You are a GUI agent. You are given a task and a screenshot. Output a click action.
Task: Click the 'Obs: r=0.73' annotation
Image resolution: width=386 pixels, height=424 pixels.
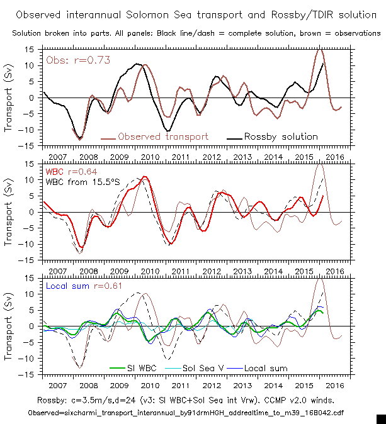[72, 60]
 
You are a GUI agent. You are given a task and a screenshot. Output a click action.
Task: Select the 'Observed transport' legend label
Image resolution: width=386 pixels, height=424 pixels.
[163, 137]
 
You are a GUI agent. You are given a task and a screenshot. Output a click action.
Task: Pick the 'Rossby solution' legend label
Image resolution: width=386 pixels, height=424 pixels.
[281, 137]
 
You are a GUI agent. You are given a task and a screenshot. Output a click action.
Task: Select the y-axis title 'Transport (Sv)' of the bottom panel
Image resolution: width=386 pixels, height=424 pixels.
[11, 326]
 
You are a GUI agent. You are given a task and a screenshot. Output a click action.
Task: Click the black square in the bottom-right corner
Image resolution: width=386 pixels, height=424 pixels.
[380, 418]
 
